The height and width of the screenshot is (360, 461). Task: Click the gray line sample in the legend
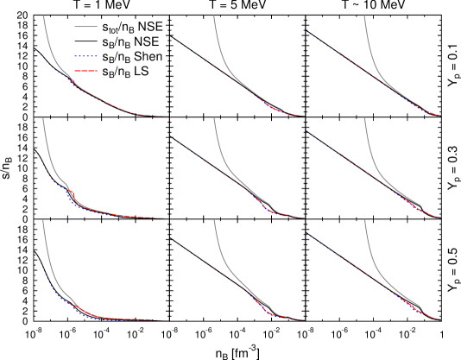click(85, 27)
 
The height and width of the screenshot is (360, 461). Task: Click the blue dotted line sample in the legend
click(85, 56)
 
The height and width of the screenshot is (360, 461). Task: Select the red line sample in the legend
click(85, 71)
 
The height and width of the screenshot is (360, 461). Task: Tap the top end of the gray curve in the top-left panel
click(43, 16)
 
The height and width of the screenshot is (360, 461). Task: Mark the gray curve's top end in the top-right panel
click(363, 16)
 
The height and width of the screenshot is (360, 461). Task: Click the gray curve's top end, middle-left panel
click(43, 118)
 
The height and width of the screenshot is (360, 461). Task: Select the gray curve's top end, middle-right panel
click(363, 118)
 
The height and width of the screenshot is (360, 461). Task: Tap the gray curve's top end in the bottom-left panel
click(43, 219)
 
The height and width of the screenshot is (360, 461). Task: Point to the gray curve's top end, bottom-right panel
click(363, 219)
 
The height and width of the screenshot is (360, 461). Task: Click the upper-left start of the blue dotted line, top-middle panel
click(170, 36)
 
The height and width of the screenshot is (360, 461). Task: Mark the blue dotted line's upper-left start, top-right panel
click(308, 33)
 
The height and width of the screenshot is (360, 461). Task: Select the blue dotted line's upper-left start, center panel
click(170, 137)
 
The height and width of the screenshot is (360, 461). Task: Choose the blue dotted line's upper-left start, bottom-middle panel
click(170, 239)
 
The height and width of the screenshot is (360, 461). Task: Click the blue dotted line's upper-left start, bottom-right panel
click(308, 236)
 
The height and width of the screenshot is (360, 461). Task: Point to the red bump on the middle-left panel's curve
click(71, 193)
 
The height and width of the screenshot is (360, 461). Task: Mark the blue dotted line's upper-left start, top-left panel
click(36, 49)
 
